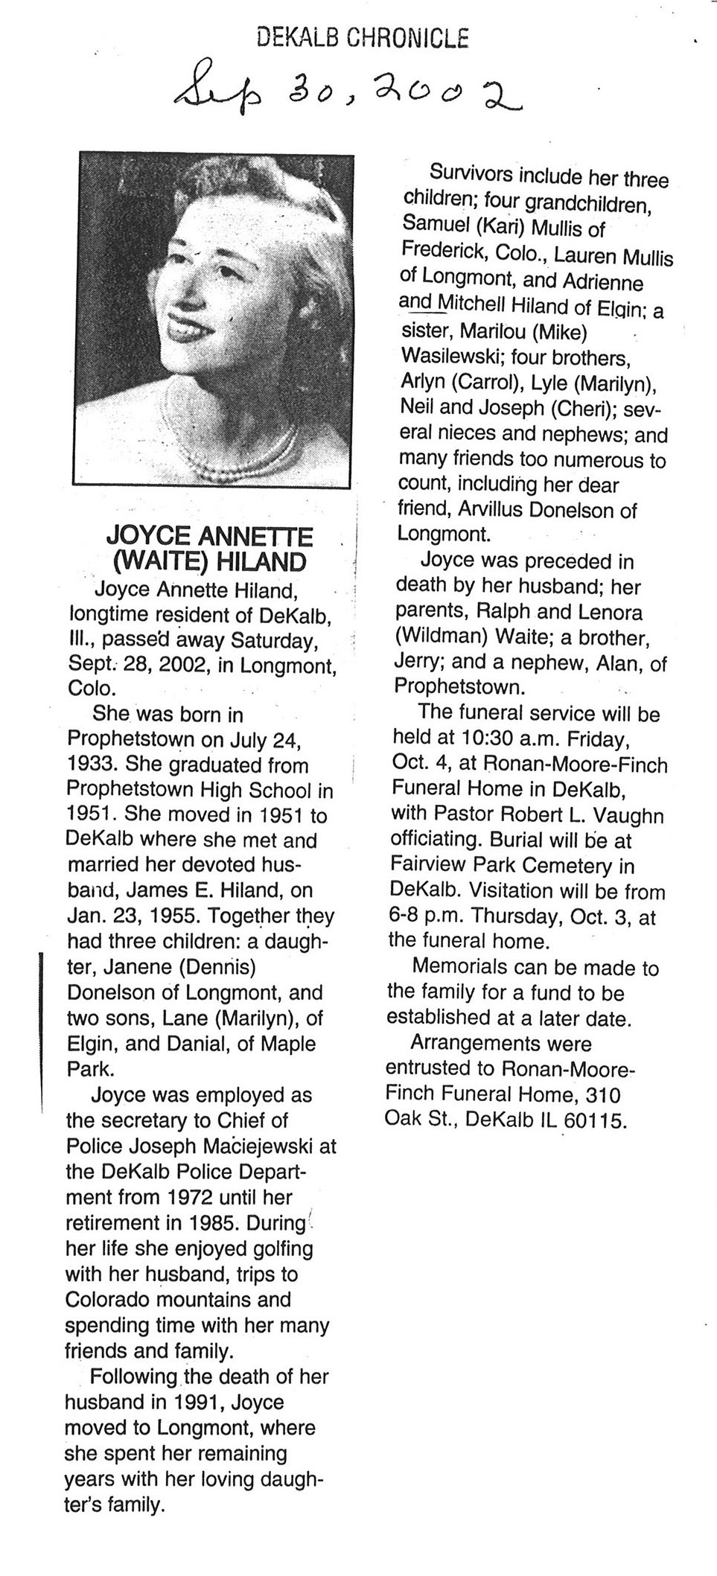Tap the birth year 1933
click(93, 764)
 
